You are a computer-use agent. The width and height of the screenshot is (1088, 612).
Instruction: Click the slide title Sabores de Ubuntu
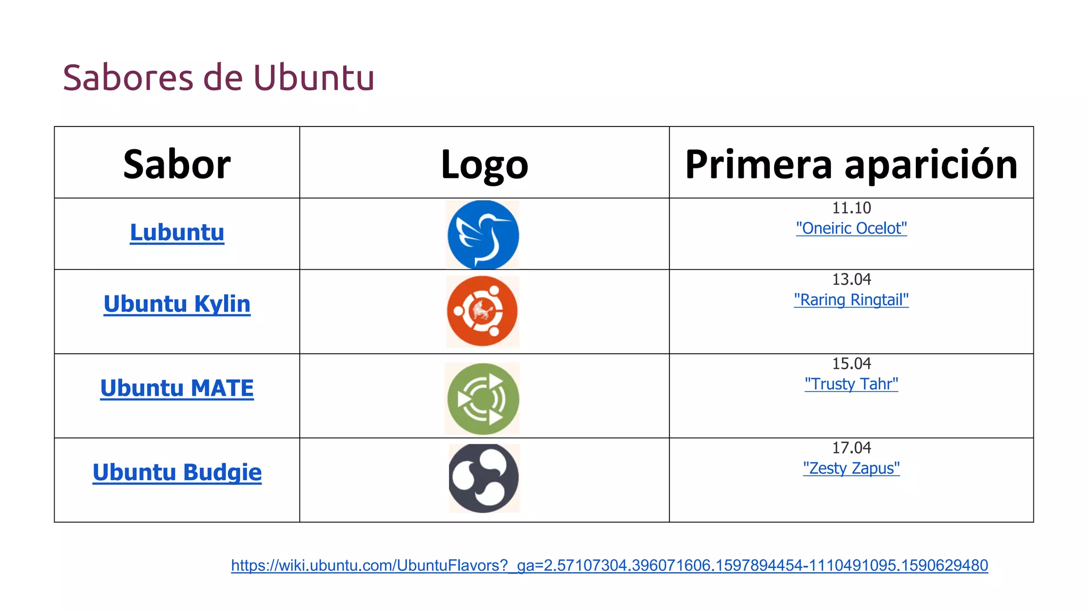pos(218,78)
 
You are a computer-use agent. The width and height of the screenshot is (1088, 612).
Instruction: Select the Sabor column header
pos(177,164)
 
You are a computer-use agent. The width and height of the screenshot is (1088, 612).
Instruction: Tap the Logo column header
pos(484,164)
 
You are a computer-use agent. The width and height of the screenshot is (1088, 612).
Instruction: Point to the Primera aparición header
pos(851,164)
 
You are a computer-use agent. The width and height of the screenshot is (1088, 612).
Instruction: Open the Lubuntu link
pos(177,233)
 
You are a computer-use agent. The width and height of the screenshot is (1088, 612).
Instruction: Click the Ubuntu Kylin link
pos(177,304)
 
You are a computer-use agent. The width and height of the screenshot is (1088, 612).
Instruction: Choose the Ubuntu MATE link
pos(177,388)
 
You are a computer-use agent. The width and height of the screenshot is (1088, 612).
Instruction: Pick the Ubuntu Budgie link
pos(177,472)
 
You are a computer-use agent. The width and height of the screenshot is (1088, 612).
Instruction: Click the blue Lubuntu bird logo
pos(483,235)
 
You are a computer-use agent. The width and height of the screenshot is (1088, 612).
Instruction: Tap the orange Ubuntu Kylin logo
pos(482,311)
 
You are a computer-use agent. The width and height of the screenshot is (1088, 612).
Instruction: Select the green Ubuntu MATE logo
pos(483,399)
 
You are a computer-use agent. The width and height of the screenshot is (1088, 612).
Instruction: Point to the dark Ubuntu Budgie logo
pos(483,478)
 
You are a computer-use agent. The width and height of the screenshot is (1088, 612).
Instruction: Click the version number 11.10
pos(851,208)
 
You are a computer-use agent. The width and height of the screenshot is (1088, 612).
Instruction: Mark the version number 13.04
pos(851,279)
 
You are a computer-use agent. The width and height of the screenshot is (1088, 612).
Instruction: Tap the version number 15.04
pos(851,364)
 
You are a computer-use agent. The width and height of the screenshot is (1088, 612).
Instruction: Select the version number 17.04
pos(851,448)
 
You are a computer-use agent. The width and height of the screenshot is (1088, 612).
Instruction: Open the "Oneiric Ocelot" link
pos(851,228)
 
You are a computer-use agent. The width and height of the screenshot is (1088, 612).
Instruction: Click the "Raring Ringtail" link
pos(851,300)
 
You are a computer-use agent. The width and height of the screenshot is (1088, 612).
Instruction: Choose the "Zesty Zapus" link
pos(851,469)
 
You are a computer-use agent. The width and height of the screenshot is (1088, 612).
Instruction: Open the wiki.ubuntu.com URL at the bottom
pos(609,565)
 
